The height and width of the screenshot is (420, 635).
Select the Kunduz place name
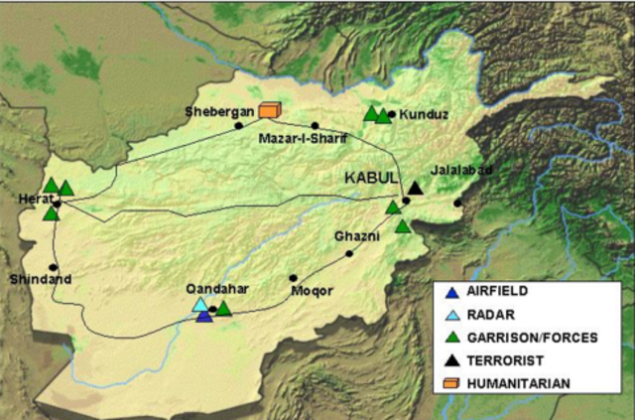tap(424, 114)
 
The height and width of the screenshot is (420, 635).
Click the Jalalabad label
tap(461, 170)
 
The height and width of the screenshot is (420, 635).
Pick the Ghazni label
tap(357, 237)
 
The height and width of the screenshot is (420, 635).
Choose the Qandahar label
tap(216, 289)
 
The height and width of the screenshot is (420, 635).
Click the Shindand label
tap(33, 279)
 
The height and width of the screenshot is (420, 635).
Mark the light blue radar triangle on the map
tap(199, 305)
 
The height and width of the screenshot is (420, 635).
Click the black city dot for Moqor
tap(293, 278)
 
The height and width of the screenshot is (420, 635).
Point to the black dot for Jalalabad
tap(457, 204)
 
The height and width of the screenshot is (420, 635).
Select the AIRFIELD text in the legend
tap(497, 292)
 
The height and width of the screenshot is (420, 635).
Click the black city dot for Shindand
tap(53, 268)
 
